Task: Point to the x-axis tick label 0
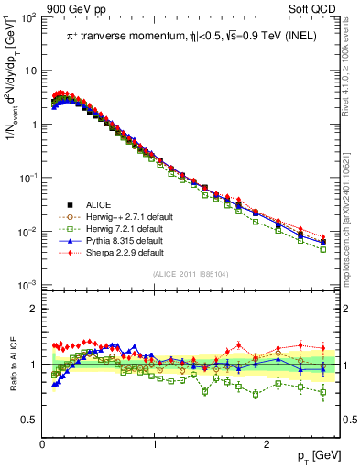click(42, 444)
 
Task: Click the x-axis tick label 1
click(154, 444)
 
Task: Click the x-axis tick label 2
click(266, 444)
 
